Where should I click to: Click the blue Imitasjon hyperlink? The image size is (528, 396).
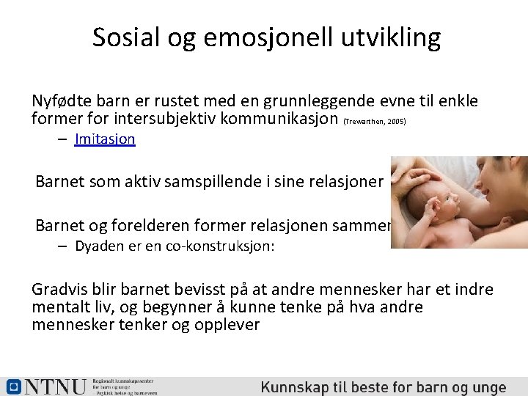(105, 139)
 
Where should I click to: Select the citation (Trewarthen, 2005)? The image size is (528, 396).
(384, 120)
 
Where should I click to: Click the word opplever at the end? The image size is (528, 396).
(227, 324)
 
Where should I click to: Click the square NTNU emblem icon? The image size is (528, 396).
(12, 386)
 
